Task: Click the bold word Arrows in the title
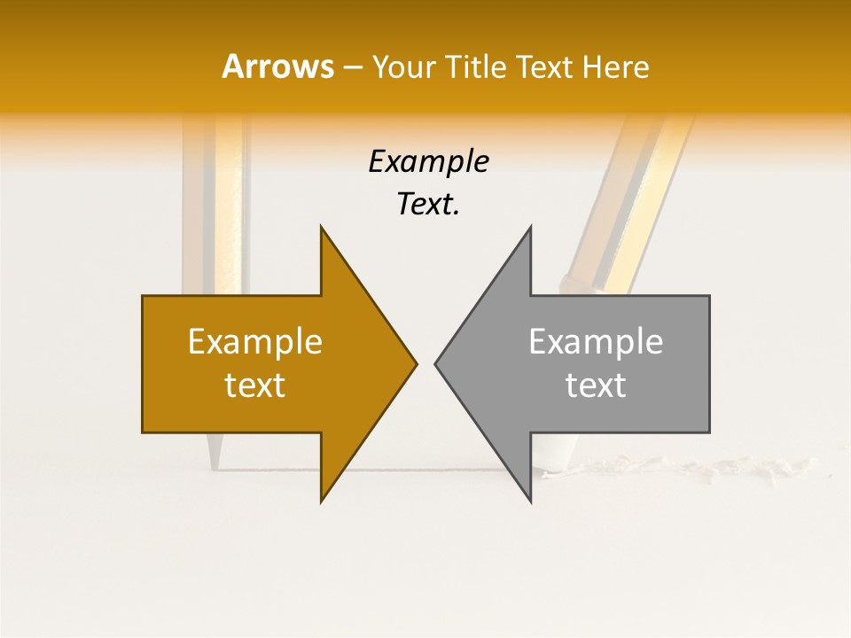coord(277,66)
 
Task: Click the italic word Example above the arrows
coord(428,161)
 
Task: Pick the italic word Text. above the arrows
coord(428,204)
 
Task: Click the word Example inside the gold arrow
coord(255,341)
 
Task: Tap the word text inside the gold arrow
coord(255,385)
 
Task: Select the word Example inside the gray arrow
coord(596,341)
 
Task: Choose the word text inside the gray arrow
coord(596,385)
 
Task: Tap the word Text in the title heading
coord(546,66)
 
